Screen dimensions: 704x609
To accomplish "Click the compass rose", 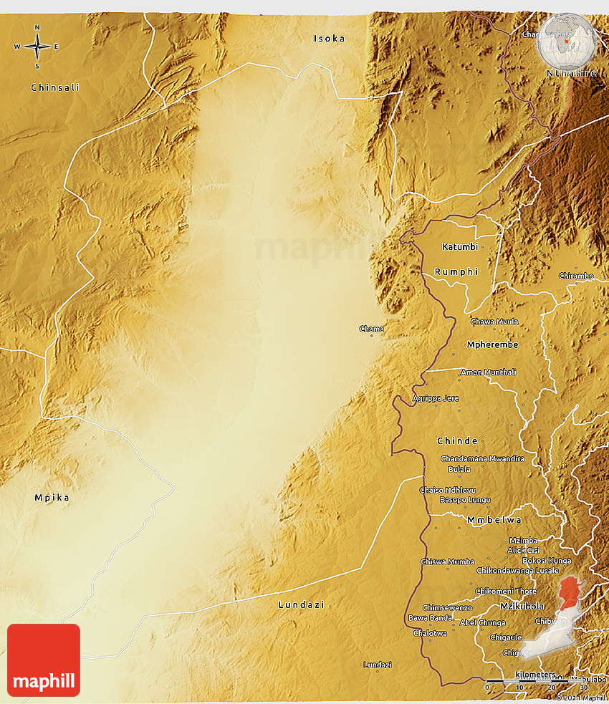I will [37, 47].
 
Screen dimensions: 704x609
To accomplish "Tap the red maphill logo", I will [44, 660].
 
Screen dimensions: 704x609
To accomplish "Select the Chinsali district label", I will [55, 87].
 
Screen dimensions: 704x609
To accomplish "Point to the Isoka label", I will [329, 39].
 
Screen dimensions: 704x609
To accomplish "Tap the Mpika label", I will [52, 497].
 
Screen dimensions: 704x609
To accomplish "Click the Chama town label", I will [371, 329].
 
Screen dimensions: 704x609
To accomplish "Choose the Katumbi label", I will [460, 247].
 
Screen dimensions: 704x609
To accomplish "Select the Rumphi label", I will [456, 272].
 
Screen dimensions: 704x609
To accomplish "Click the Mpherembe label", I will [492, 344].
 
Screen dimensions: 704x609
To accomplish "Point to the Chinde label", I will [457, 440].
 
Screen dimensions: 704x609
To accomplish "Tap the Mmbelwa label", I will [494, 519].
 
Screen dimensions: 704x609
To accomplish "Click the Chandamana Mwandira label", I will [482, 458].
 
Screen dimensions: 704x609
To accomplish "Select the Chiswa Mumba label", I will [448, 562].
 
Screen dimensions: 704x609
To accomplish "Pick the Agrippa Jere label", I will [436, 398].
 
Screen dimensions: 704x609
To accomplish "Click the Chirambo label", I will [576, 276].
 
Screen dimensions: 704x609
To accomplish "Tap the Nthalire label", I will [571, 73].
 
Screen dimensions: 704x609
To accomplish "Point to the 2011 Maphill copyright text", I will [581, 698].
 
